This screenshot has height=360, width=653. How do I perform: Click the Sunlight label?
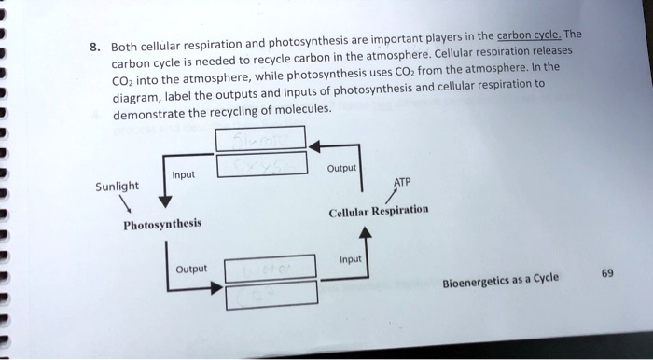[117, 186]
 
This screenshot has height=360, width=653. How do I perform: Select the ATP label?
[402, 181]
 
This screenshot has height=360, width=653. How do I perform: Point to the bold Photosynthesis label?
[161, 225]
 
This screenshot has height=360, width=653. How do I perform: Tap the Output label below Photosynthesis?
[193, 270]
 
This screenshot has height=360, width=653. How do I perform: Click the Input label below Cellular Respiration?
[353, 260]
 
